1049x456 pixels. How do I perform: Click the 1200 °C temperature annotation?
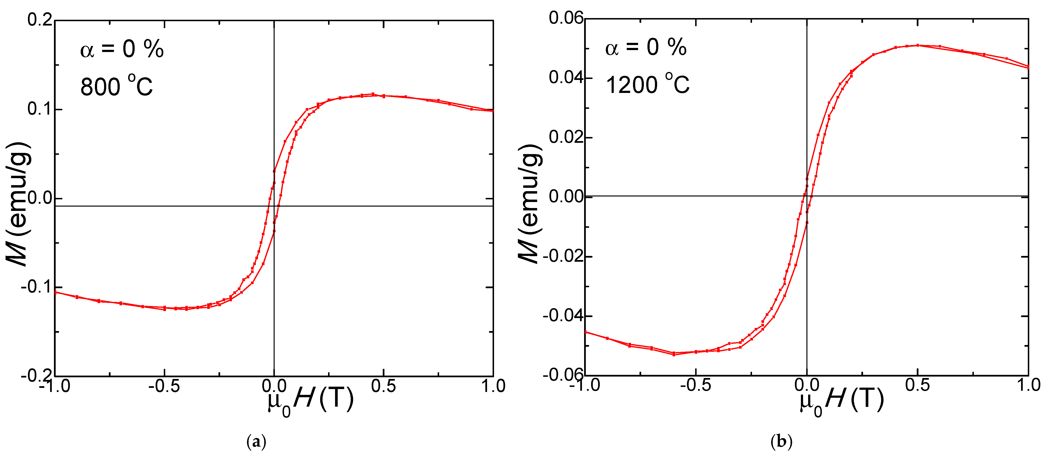tap(647, 84)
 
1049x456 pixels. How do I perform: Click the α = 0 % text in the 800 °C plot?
tap(122, 49)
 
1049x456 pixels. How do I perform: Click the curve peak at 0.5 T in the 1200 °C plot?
tap(917, 45)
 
